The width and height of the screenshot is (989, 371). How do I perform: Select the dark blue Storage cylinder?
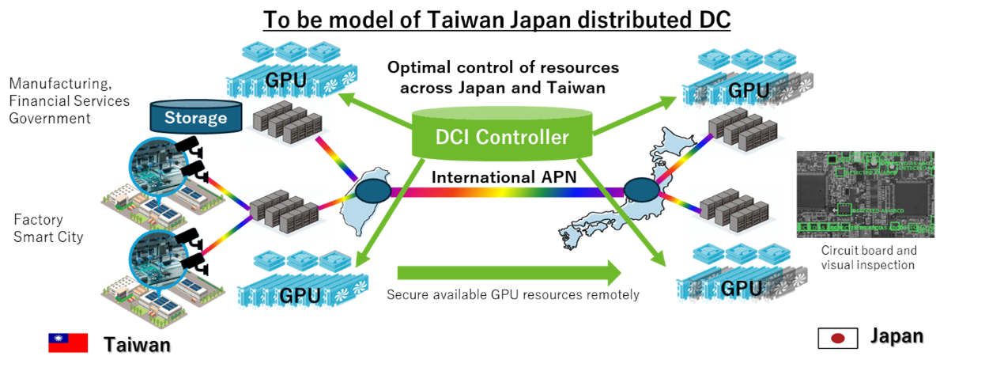tap(195, 117)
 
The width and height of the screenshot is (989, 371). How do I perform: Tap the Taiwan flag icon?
tap(68, 342)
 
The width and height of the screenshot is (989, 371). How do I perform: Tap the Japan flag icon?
tap(837, 339)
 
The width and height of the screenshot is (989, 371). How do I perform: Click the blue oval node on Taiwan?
tap(372, 191)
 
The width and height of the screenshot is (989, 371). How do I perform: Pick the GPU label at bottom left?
tap(300, 295)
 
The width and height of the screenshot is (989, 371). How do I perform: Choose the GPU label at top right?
tap(748, 89)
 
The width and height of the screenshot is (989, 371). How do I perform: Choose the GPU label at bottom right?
tap(742, 288)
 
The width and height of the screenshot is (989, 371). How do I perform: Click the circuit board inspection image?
tap(865, 194)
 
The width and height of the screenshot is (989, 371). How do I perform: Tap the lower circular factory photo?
tap(157, 257)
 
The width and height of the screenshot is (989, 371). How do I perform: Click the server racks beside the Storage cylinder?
tap(285, 124)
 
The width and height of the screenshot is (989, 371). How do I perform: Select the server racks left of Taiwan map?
tap(283, 213)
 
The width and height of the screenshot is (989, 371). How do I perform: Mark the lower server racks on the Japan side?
tap(734, 212)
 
